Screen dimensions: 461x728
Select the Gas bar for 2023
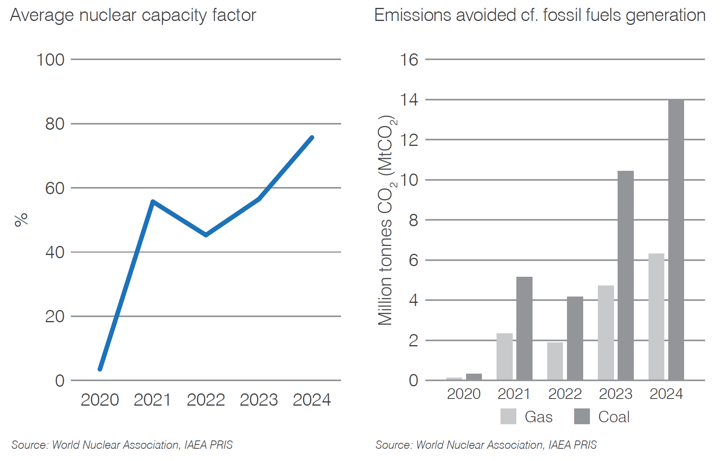(x=606, y=333)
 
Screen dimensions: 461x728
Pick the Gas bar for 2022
(x=555, y=361)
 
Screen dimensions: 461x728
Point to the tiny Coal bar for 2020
(x=474, y=377)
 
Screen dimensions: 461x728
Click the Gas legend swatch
(x=508, y=416)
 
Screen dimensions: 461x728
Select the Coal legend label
(x=614, y=417)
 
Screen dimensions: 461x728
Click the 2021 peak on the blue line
(x=153, y=202)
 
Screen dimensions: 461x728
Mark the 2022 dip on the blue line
(x=206, y=235)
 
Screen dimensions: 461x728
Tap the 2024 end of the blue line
(x=312, y=138)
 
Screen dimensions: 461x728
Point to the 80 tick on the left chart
(x=55, y=124)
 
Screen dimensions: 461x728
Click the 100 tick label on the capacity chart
(x=50, y=60)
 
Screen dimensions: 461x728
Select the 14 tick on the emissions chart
(x=409, y=100)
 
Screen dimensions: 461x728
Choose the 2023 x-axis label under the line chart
(x=259, y=400)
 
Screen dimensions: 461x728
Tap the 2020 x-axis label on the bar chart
(x=463, y=394)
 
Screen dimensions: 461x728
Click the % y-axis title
(x=21, y=220)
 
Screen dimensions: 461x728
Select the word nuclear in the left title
(x=108, y=15)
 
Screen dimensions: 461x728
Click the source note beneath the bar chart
(x=485, y=445)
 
